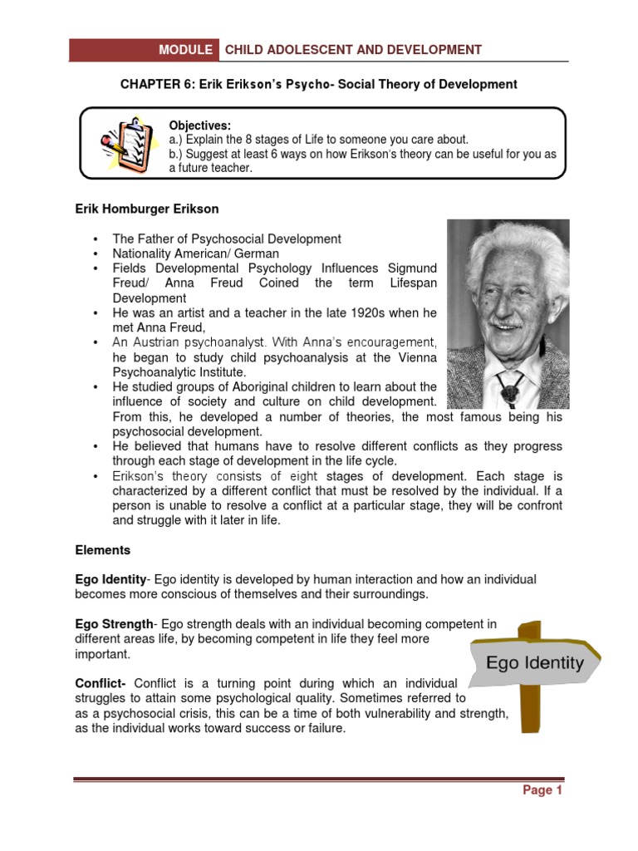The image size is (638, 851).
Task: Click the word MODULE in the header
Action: coord(186,50)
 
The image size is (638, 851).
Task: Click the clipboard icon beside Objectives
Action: coord(122,144)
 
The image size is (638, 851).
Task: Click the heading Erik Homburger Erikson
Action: coord(147,209)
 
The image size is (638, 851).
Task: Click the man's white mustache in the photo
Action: coord(507,320)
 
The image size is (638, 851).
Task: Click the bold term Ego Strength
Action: coord(114,624)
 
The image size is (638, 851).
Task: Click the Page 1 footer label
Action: coord(542,790)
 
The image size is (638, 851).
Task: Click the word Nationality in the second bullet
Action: coord(142,253)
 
